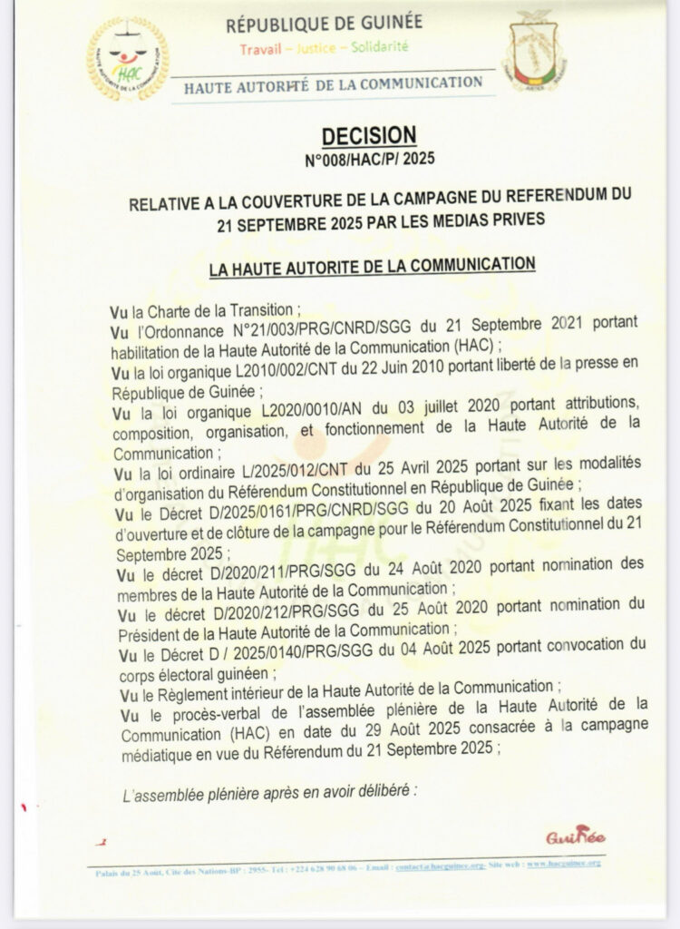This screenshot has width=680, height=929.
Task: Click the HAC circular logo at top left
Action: pos(128,59)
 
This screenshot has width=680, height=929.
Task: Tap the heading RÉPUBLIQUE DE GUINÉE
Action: pos(325,24)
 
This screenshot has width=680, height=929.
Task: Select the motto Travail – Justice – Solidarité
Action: pos(324,45)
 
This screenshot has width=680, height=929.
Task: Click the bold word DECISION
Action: pos(370,135)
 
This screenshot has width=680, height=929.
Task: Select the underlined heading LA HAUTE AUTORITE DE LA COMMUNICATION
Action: pos(372,266)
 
